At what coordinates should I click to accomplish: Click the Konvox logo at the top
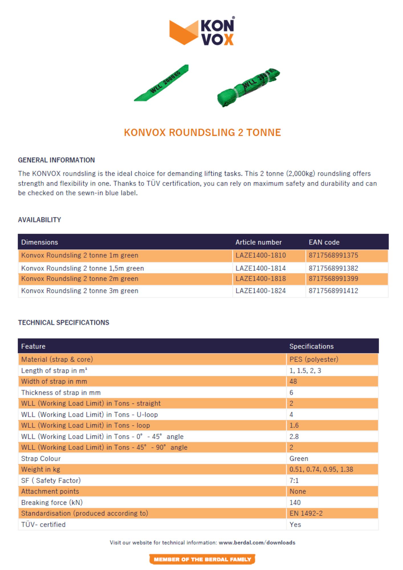click(202, 32)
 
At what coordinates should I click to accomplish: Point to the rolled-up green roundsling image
click(248, 87)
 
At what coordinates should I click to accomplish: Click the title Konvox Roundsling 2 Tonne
click(202, 133)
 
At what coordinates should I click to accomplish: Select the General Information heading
click(56, 160)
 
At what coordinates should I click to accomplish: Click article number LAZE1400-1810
click(260, 255)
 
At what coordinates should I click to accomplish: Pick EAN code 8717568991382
click(333, 268)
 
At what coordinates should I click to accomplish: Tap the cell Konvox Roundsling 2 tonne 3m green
click(80, 291)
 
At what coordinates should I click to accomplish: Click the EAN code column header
click(324, 242)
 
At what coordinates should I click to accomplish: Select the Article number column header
click(258, 242)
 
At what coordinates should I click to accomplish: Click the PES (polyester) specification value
click(314, 359)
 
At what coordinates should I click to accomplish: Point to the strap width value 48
click(293, 381)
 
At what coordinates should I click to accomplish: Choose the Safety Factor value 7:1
click(294, 481)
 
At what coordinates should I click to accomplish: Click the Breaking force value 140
click(295, 502)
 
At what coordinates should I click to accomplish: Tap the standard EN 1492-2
click(306, 513)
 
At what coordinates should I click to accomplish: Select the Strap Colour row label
click(41, 459)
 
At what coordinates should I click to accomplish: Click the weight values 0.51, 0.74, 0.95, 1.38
click(321, 469)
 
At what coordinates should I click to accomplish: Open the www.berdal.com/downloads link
click(257, 543)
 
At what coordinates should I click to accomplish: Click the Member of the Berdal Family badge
click(202, 559)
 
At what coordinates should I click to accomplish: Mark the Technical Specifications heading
click(64, 323)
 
